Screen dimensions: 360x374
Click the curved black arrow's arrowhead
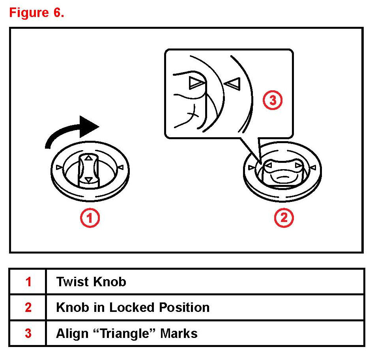[x=89, y=126]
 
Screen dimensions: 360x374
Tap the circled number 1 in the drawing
[x=90, y=217]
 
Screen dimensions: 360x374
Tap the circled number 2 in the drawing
[x=284, y=217]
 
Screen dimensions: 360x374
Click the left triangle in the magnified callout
[x=196, y=82]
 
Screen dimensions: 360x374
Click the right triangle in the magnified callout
[x=232, y=83]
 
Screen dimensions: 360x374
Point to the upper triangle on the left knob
[x=89, y=158]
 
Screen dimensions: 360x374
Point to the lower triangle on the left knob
[x=89, y=180]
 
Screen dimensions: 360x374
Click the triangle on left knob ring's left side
[x=59, y=167]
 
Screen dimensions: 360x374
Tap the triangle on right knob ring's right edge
[x=313, y=168]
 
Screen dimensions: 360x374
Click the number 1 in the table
[x=28, y=282]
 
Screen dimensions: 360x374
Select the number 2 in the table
[x=28, y=307]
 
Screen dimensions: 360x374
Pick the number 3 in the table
[x=28, y=333]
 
